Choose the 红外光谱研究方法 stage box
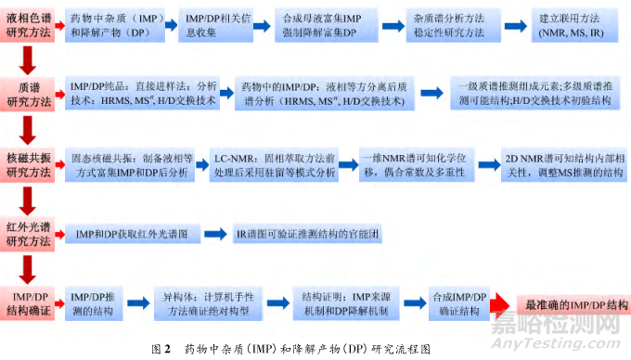click(28, 233)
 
